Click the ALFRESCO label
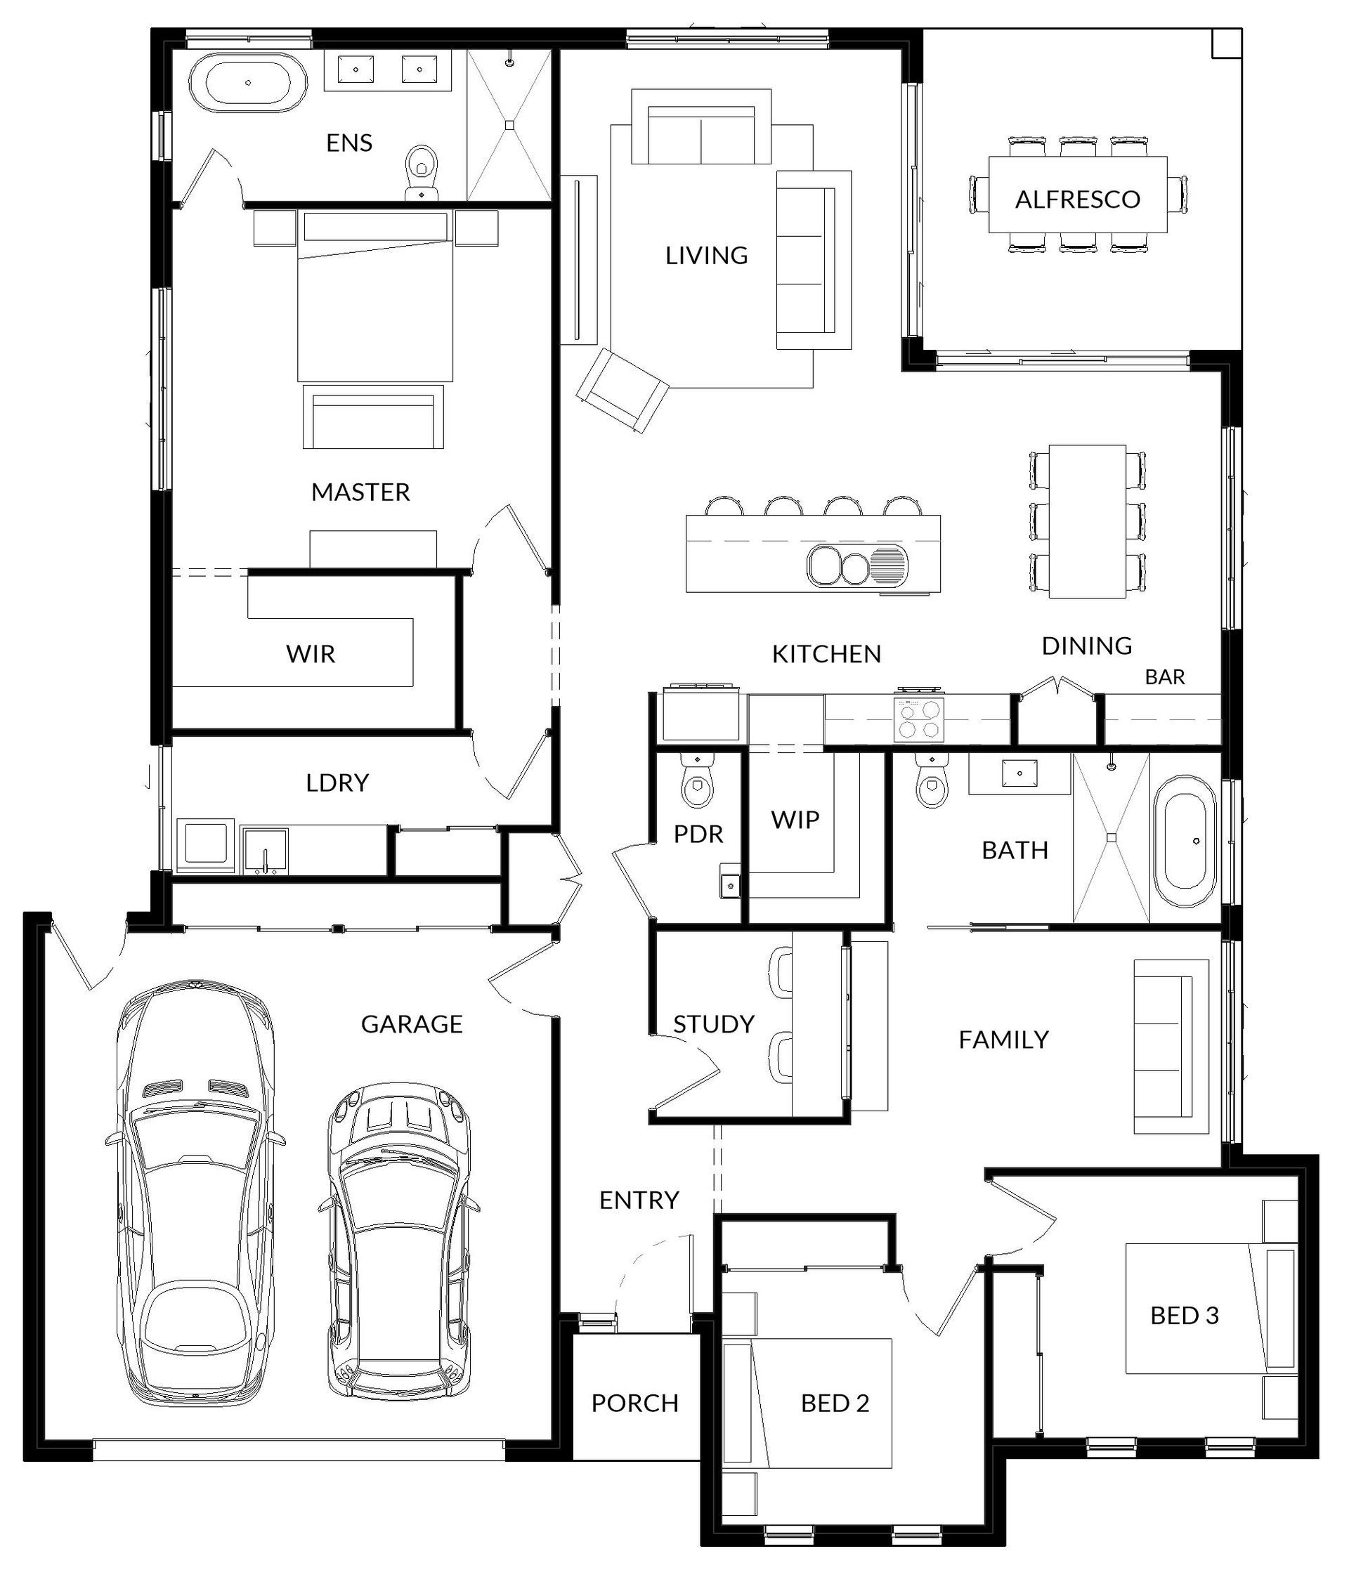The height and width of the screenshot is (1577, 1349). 1077,199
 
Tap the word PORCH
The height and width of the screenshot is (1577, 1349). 635,1402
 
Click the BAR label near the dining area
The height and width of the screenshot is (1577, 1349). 1165,676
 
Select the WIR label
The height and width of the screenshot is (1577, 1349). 311,654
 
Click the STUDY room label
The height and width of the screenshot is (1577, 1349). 713,1023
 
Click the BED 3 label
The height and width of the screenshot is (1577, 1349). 1184,1314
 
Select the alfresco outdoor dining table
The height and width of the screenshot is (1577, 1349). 1077,195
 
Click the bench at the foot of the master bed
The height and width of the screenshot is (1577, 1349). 373,417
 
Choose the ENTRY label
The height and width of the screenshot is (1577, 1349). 638,1200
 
